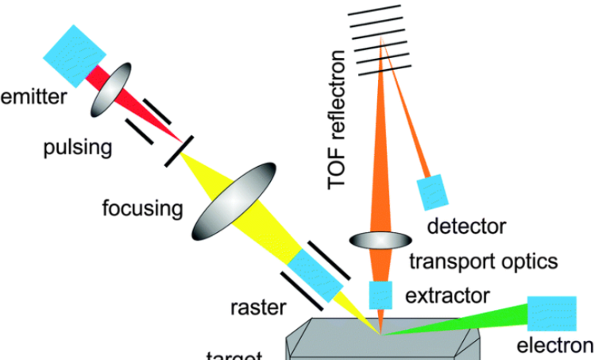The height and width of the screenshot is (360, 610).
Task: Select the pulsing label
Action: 78,148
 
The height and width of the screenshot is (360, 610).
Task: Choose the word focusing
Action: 142,209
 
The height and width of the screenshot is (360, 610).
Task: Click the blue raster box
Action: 315,273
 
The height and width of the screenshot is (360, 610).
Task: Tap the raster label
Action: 257,305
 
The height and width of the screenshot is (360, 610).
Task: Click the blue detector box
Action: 433,192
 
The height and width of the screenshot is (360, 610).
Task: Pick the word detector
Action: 466,226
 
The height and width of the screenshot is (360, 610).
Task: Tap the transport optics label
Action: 483,260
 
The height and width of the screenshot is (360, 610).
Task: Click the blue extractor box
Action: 380,295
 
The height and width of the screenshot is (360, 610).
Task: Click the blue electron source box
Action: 550,312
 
